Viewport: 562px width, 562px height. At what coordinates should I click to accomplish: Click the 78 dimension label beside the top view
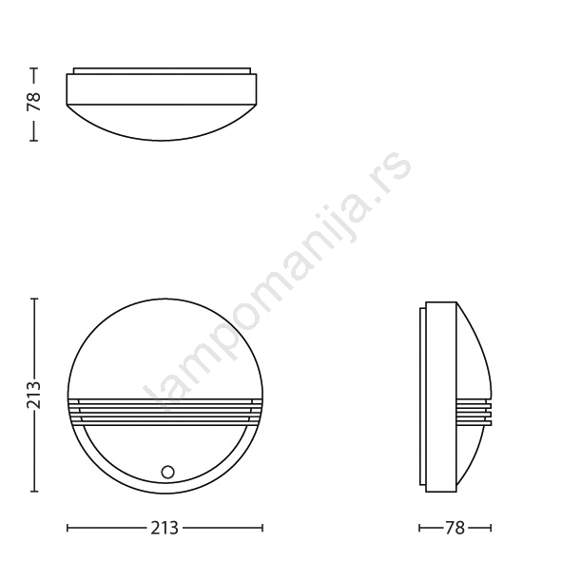click(33, 102)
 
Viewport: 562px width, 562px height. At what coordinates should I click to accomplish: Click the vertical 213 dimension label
click(33, 395)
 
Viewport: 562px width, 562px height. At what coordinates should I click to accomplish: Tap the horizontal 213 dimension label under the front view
click(165, 528)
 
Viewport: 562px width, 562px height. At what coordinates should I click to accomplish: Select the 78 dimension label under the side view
click(455, 528)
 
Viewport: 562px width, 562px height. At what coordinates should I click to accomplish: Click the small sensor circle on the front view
click(167, 472)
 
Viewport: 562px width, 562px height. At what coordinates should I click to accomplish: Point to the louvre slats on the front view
click(165, 412)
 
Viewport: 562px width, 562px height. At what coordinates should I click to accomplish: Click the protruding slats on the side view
click(474, 412)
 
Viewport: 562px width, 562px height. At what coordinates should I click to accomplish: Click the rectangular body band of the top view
click(162, 89)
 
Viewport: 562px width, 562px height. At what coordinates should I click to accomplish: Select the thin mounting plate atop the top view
click(162, 70)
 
